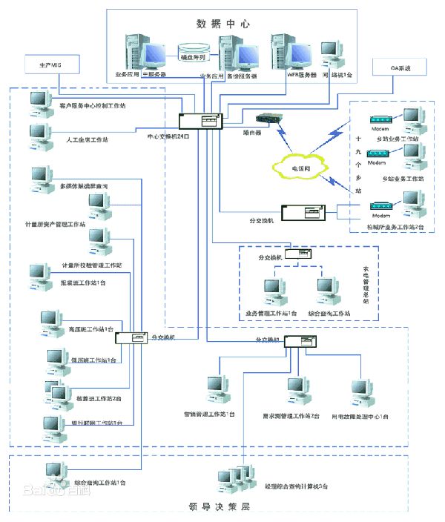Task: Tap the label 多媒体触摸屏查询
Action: [83, 185]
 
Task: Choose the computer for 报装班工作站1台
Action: [40, 274]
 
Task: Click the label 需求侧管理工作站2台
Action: [286, 416]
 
